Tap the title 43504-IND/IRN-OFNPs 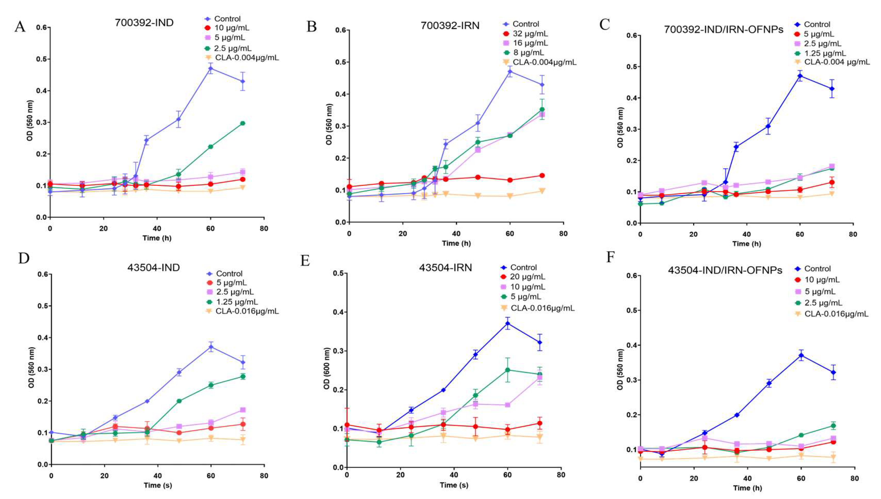pos(725,270)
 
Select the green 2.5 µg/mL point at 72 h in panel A pos(243,123)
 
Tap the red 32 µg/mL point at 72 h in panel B pos(542,175)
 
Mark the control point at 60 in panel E pos(508,323)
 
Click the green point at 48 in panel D pos(179,401)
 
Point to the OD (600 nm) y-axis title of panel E pos(327,368)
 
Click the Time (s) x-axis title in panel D pos(158,485)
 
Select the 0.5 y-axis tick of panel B pos(341,62)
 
